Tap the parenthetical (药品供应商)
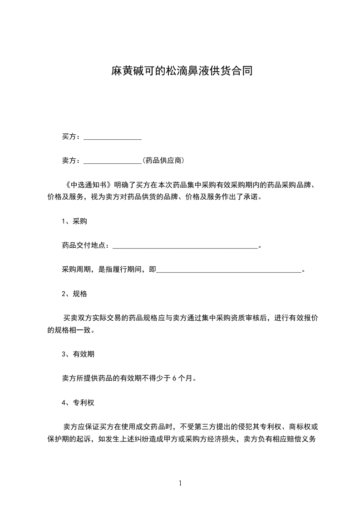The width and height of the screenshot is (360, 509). (163, 161)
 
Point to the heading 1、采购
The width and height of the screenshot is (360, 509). (74, 221)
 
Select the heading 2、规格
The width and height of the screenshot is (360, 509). (74, 294)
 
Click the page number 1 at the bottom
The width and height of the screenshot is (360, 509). (180, 483)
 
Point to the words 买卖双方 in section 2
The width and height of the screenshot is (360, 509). (79, 318)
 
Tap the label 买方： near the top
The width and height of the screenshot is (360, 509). (72, 137)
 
